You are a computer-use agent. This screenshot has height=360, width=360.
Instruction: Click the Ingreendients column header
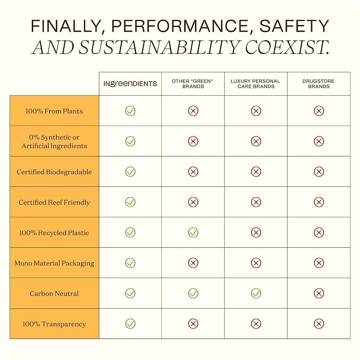[x=130, y=84]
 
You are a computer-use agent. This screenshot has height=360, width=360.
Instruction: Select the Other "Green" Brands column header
[x=193, y=84]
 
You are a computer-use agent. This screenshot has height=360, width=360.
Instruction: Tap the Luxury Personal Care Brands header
[x=256, y=84]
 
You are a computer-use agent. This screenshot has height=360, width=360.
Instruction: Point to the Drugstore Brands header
[x=319, y=84]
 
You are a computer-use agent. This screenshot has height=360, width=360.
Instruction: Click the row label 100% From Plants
[x=54, y=111]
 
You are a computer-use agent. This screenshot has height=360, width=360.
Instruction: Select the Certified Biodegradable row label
[x=54, y=172]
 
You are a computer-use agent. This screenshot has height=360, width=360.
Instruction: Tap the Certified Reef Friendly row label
[x=54, y=202]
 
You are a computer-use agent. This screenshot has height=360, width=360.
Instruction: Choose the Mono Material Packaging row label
[x=54, y=263]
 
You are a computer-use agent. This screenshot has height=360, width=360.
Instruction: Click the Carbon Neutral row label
[x=54, y=294]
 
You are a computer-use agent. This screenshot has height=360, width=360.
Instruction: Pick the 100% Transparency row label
[x=54, y=324]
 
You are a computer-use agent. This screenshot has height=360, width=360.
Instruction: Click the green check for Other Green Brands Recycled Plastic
[x=193, y=232]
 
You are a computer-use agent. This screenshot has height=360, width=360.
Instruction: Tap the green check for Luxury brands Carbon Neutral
[x=256, y=293]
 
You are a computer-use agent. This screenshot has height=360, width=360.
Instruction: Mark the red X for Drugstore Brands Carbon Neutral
[x=319, y=293]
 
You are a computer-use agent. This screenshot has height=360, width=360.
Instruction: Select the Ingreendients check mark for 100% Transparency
[x=130, y=324]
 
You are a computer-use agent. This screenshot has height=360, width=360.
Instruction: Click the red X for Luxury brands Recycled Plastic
[x=256, y=232]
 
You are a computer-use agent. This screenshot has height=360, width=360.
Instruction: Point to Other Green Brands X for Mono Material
[x=193, y=263]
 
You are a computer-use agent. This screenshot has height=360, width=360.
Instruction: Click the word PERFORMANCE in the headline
[x=180, y=26]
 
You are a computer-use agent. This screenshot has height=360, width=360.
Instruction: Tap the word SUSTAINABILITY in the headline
[x=159, y=47]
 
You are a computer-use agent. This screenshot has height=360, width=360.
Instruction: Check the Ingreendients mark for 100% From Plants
[x=130, y=111]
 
